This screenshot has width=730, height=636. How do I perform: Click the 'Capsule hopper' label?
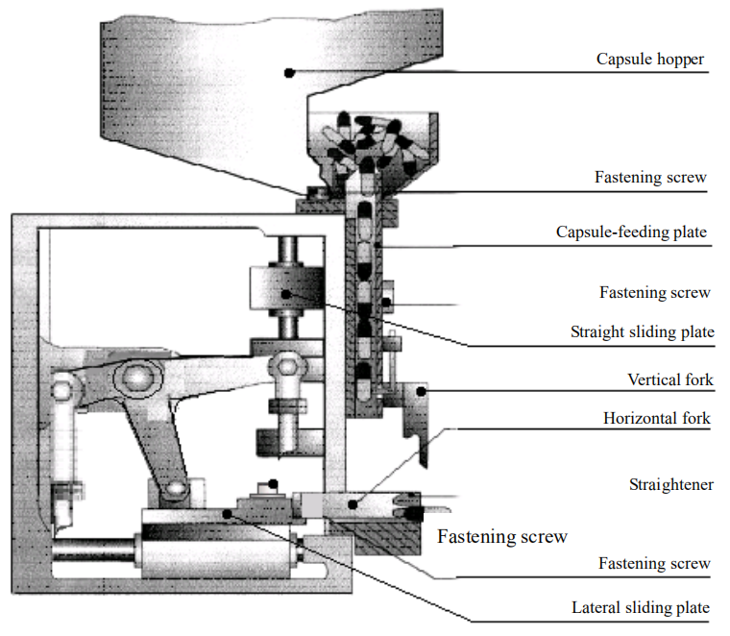click(x=649, y=60)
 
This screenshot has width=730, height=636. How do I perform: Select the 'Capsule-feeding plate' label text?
click(x=632, y=232)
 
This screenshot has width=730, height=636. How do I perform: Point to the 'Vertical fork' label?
click(x=670, y=380)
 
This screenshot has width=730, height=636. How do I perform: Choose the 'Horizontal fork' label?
click(x=657, y=419)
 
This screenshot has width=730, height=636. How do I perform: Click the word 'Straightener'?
click(x=671, y=484)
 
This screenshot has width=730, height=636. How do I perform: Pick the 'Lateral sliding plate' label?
click(x=641, y=607)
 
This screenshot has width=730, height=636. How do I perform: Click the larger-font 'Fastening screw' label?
click(x=502, y=537)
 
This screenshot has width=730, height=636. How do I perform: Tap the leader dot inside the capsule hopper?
click(x=286, y=71)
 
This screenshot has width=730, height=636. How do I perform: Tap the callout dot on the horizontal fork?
click(x=354, y=501)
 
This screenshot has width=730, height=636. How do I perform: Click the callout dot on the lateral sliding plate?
click(x=228, y=513)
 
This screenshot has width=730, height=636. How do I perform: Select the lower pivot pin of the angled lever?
click(x=173, y=492)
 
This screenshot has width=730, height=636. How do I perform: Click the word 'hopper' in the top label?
click(x=681, y=60)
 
